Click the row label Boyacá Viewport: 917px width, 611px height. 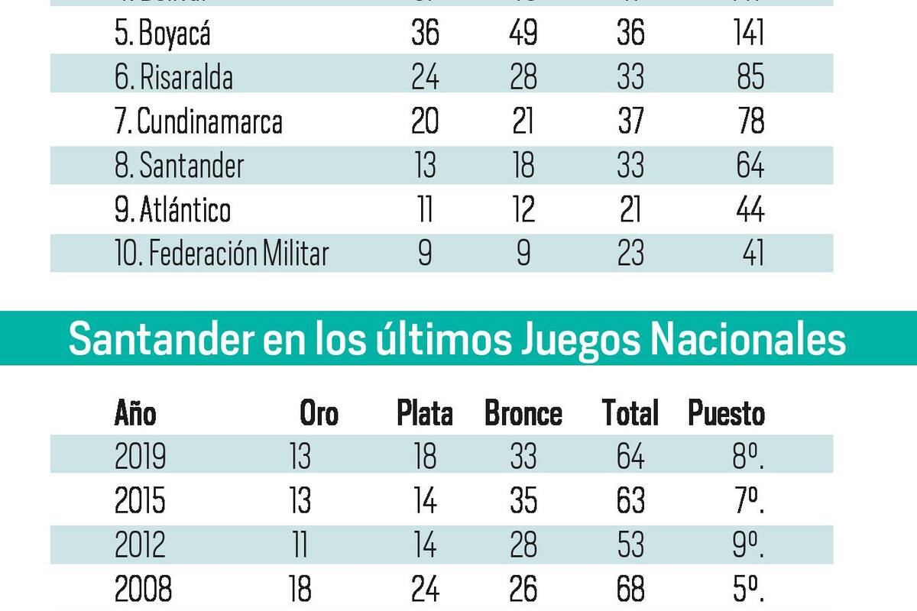point(162,34)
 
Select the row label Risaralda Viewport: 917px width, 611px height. point(174,78)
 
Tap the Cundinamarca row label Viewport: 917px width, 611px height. point(198,122)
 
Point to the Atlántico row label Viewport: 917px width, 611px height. point(173,210)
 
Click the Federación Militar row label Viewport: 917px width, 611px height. point(222,254)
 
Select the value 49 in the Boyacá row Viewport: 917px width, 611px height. point(523,34)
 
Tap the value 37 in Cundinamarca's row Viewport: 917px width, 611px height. point(630,122)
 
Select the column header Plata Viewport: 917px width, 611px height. point(424,414)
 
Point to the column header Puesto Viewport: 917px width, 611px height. point(725,414)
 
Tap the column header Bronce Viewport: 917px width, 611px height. point(523,414)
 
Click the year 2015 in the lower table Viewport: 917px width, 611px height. point(140,501)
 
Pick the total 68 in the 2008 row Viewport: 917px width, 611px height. point(630,589)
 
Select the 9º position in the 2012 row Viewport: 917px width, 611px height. point(747,545)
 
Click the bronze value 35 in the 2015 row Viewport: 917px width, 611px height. point(523,501)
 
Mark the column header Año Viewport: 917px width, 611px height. point(134,414)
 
